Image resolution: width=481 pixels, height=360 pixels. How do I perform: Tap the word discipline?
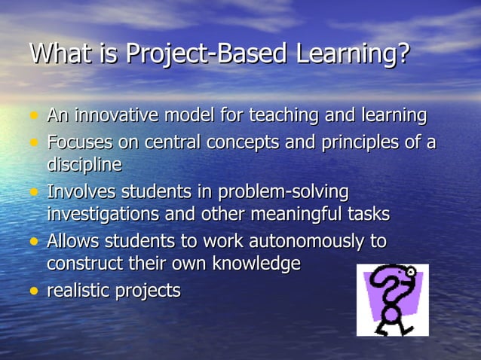[x=84, y=164]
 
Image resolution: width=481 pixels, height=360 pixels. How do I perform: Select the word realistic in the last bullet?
[x=79, y=290]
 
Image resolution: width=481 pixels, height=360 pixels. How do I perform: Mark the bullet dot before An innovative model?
[x=33, y=117]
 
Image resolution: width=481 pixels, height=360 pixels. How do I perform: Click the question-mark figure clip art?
[x=392, y=300]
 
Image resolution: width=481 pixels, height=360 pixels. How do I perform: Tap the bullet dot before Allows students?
[x=33, y=242]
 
